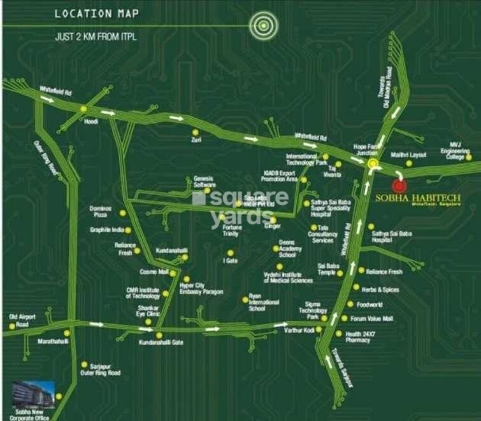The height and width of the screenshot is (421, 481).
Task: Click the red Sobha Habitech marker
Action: [399, 186]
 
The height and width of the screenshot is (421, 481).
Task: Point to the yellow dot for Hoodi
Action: [83, 109]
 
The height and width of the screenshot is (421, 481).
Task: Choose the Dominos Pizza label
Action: [101, 211]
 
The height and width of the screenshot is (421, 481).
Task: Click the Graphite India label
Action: [106, 230]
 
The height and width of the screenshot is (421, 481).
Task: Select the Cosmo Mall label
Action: [154, 272]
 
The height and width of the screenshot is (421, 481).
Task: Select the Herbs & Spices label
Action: [380, 288]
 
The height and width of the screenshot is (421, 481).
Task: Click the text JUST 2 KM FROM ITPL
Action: [96, 37]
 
